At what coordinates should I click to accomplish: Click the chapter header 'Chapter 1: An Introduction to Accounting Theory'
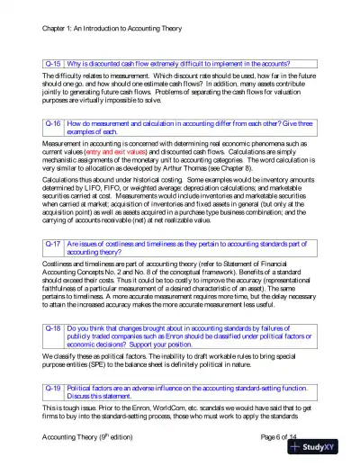coord(111,29)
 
